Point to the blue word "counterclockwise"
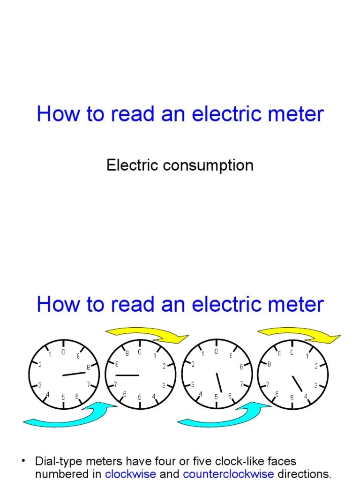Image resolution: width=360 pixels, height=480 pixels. pos(228,473)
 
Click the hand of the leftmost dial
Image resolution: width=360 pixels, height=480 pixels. pos(74,374)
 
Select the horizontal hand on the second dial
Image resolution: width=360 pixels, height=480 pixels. pos(127,375)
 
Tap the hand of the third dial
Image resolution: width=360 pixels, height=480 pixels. pos(219,382)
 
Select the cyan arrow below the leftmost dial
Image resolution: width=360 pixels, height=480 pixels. pos(70,414)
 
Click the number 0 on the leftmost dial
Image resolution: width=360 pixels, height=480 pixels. pos(63,352)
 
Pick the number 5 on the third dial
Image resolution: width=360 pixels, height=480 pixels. pos(216,397)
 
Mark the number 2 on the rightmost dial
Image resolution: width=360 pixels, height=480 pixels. pos(317,366)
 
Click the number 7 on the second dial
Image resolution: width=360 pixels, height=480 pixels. pos(115,384)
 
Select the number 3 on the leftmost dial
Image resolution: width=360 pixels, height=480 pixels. pos(40,385)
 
